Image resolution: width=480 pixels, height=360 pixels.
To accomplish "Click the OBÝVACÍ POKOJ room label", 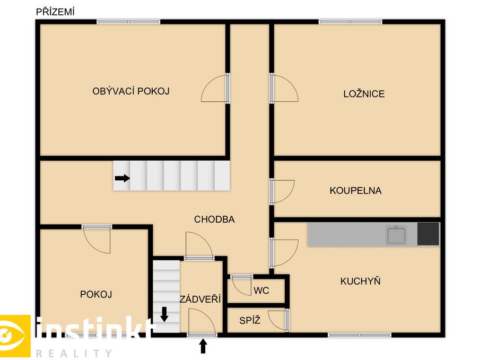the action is coord(130,91).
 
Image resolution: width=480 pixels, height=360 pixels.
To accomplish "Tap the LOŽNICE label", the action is coord(364,93).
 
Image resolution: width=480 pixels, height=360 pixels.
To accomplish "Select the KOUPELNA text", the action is coord(355,190).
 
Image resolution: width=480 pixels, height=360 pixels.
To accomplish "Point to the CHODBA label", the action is coord(214,219).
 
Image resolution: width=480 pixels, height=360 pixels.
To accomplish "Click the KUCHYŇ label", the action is coord(360,280).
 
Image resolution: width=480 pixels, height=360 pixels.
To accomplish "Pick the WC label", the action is coord(261,291).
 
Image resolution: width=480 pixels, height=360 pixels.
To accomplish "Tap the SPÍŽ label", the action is coord(250,320).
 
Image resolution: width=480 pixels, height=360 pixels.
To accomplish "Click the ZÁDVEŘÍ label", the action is coord(200,299).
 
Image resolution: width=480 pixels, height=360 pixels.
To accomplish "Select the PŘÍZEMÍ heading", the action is coord(55,12).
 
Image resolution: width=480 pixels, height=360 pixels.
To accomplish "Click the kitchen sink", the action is coord(396,235).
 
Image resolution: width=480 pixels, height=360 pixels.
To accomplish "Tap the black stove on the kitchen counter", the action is coord(428,234).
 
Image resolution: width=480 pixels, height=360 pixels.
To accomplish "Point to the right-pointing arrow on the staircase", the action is coord(123,178).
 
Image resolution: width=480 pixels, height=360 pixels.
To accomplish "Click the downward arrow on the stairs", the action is coord(164,314).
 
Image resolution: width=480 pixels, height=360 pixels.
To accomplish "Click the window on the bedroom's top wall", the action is coord(350,22).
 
